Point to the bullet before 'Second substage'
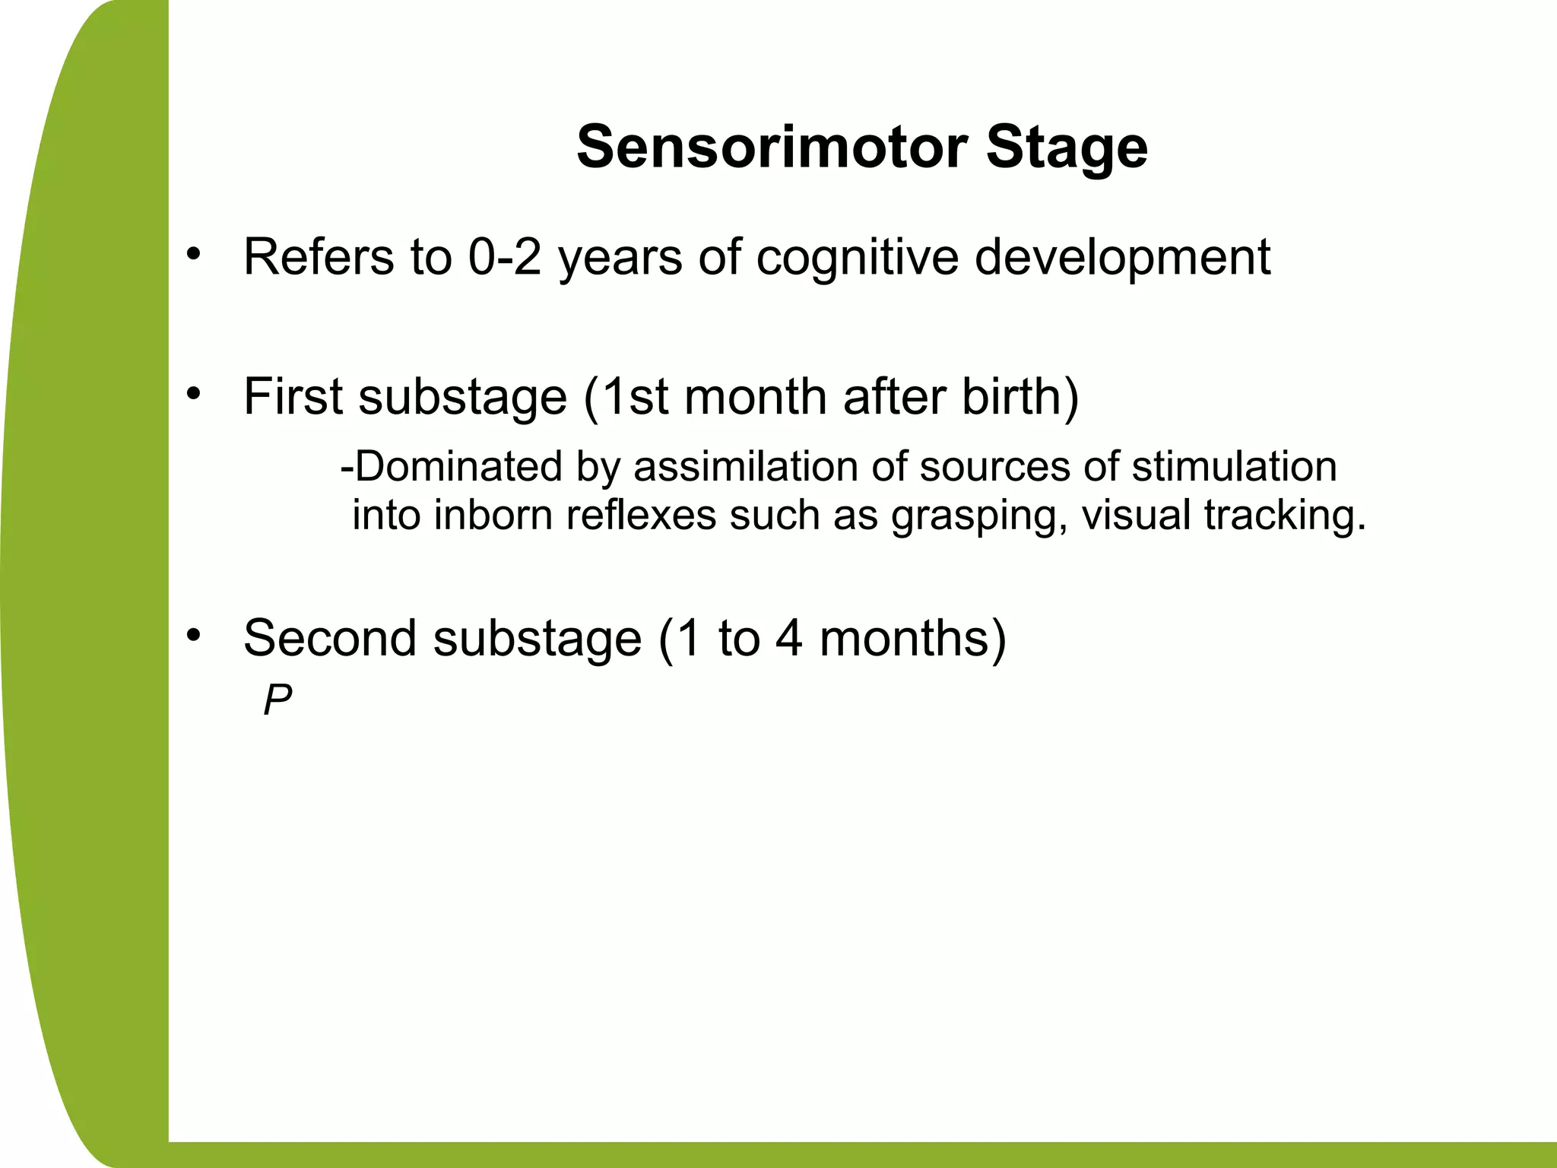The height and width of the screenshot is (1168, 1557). tap(195, 633)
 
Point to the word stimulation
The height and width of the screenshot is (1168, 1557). tap(1234, 466)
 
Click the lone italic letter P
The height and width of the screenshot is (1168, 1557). tap(277, 700)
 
